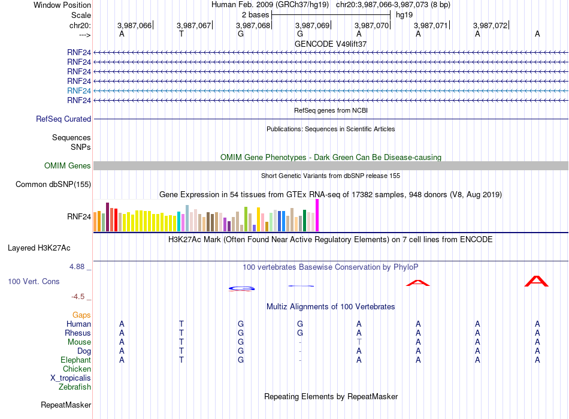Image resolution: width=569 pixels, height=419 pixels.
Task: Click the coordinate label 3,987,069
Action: coord(312,25)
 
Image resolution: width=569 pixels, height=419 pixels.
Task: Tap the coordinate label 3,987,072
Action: coord(490,25)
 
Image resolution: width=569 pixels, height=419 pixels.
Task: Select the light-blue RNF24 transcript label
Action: coord(79,91)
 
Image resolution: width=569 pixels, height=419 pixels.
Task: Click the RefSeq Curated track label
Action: coord(63,119)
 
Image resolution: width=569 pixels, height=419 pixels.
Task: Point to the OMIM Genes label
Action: coord(68,165)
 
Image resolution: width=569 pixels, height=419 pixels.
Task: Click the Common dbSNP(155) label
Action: coord(53,184)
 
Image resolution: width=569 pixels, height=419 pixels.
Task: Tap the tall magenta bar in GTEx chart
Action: coord(317,215)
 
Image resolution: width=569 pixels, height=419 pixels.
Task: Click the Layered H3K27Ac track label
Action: coord(39,248)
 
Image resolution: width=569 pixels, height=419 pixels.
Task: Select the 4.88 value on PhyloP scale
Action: coord(77,267)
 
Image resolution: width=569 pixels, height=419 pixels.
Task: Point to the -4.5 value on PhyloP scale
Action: coord(78,297)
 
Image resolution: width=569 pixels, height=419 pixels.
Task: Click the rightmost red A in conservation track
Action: coord(536,281)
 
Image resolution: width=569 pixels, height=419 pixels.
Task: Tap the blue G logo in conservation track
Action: coord(241,289)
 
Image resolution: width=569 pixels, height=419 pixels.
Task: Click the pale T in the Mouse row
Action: coord(359,342)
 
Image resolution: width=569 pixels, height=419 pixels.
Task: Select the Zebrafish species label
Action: coord(75,387)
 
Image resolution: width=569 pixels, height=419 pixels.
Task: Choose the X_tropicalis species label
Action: coord(71,378)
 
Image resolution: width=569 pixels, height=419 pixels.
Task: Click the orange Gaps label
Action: coord(81,315)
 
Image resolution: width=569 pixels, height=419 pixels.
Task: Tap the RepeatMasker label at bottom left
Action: coord(66,405)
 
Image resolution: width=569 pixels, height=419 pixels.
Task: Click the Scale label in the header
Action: coord(81,15)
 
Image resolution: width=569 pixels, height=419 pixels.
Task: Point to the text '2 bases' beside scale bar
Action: coord(256,15)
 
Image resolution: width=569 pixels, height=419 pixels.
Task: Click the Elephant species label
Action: coord(76,360)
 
